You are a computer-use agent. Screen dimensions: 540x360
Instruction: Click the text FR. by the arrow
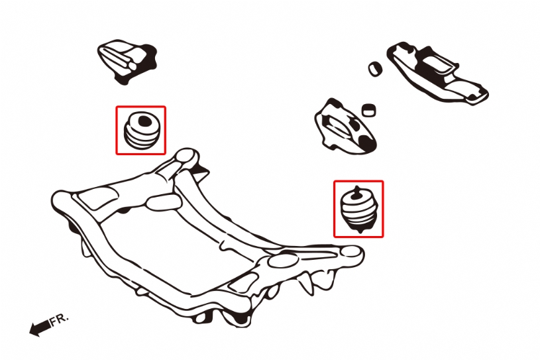[x=60, y=320]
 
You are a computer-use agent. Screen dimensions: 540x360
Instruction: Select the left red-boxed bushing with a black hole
[x=142, y=130]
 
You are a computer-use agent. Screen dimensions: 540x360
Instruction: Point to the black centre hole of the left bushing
[x=144, y=121]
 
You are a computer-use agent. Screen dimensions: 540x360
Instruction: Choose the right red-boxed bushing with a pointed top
[x=358, y=209]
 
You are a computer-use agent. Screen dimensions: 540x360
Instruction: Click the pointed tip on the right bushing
[x=357, y=187]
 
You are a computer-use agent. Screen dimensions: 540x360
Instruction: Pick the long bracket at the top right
[x=437, y=73]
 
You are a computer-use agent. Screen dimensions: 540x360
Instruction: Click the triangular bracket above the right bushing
[x=345, y=127]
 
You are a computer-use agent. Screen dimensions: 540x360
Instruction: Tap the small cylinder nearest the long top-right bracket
[x=375, y=68]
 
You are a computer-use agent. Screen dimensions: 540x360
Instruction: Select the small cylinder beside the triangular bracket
[x=368, y=110]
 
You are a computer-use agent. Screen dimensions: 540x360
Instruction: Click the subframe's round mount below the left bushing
[x=187, y=157]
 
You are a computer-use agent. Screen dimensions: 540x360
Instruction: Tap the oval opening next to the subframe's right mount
[x=282, y=260]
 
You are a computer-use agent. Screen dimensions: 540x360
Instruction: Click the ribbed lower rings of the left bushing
[x=142, y=139]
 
